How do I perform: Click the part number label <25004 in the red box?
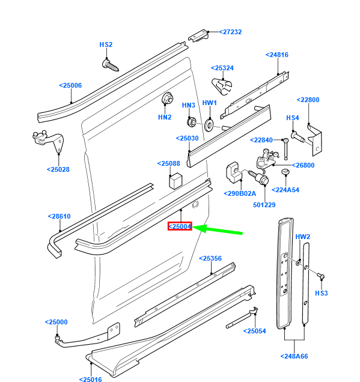180,226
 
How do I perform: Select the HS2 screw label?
106,44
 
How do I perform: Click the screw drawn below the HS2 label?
111,64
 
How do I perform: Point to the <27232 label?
230,32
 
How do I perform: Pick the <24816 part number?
277,55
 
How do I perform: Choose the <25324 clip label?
222,68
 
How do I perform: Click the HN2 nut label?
165,117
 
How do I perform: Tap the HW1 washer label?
209,103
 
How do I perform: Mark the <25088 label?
168,163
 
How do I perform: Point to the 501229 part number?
264,205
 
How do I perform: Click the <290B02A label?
240,193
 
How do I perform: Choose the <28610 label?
59,216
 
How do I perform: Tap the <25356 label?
210,258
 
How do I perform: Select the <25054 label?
254,331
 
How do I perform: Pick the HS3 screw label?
322,293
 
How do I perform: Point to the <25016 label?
90,379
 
